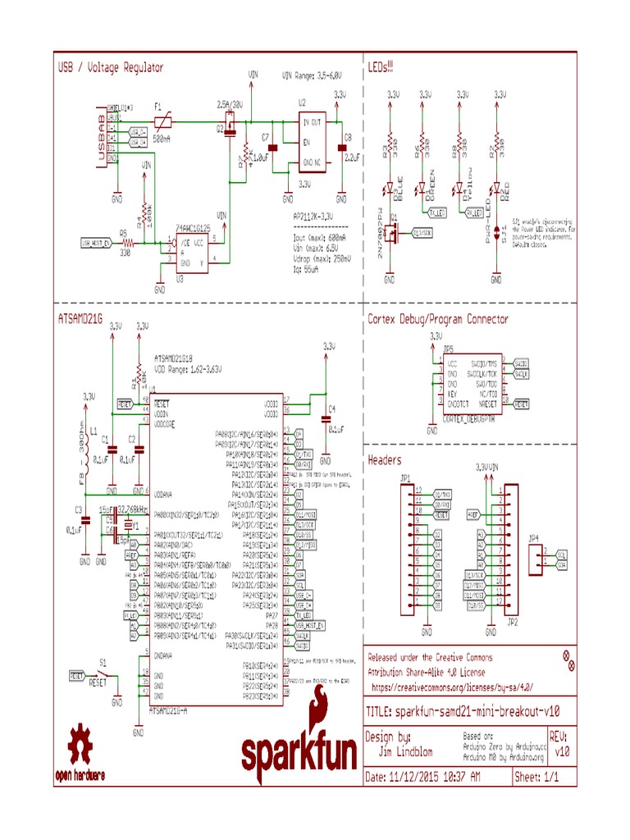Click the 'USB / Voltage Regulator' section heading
click(110, 67)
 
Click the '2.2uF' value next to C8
click(353, 156)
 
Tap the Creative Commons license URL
click(453, 686)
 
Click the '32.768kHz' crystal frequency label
click(134, 509)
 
